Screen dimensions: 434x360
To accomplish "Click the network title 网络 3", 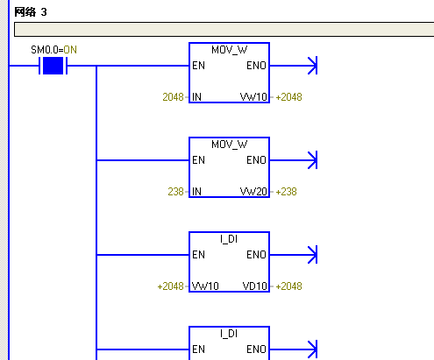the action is (31, 12).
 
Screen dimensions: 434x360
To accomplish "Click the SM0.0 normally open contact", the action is (53, 66).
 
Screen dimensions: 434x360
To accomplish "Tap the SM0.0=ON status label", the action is (53, 50).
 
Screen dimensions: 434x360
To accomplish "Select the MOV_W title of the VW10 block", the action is (230, 50).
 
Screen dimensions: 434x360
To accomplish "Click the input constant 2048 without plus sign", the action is (173, 97).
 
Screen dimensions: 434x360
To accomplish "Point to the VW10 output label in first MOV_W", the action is (253, 97).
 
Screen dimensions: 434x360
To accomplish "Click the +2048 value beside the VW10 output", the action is (288, 97).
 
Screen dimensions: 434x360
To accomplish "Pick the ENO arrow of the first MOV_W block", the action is (293, 66).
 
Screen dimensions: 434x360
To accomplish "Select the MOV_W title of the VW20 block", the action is (230, 145).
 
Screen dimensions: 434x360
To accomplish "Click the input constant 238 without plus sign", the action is (175, 192).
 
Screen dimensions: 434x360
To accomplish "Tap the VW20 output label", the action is (253, 192).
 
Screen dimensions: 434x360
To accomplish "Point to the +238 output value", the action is (286, 192).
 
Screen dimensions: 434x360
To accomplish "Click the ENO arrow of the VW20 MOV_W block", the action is (293, 160).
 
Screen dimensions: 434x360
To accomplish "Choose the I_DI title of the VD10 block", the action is (229, 239).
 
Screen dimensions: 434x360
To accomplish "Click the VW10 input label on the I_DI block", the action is (205, 286).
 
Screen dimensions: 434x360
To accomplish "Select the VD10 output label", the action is (255, 286).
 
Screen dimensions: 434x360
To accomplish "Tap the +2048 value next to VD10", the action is (288, 286).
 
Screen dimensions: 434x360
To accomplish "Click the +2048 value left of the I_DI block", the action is (170, 286).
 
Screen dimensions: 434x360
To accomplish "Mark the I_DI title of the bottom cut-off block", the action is (229, 334).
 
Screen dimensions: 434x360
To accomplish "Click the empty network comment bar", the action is (224, 29).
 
